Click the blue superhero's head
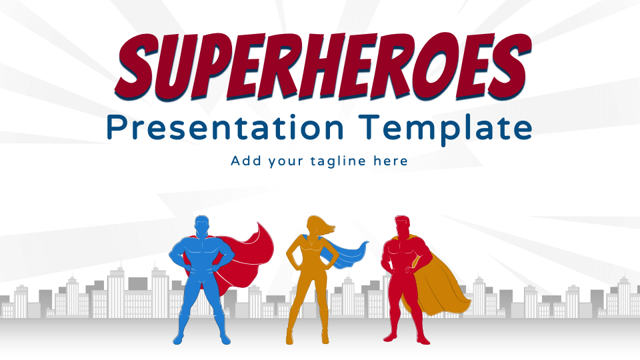201,226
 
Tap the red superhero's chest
402,253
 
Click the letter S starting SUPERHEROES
135,67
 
